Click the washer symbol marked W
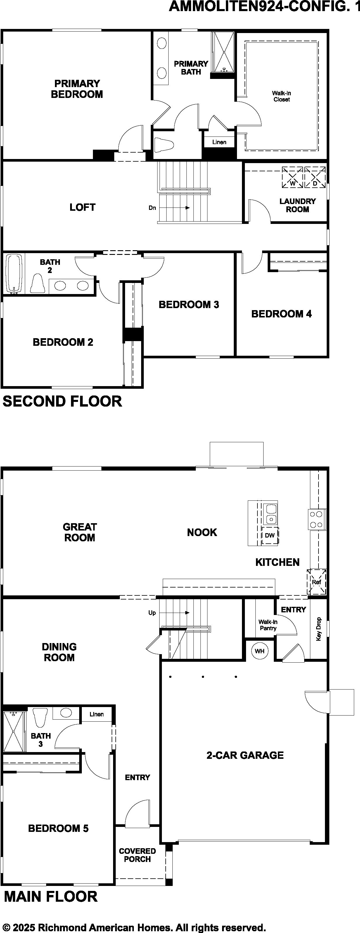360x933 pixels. coord(292,177)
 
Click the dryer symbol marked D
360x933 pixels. coord(315,177)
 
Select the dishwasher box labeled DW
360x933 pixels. coord(270,535)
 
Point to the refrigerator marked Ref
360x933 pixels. coord(316,582)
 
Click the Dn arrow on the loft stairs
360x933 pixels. coord(174,208)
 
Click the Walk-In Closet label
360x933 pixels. coord(282,96)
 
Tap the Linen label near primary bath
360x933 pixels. coord(219,142)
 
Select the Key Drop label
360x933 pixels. coord(319,629)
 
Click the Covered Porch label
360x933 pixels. coord(137,855)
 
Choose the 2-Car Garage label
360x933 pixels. coord(245,755)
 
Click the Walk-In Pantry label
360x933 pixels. coord(268,625)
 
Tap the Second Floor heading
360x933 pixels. coord(62,401)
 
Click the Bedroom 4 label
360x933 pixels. coord(281,314)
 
